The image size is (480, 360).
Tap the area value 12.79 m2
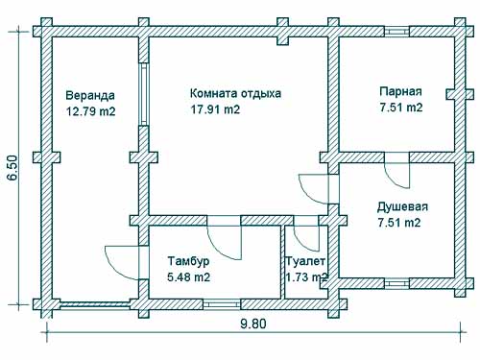coord(90,111)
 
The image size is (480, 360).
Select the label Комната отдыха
coord(235,94)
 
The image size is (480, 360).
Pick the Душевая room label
coord(402,206)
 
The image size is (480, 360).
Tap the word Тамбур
coord(189,261)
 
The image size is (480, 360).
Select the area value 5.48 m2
coord(188,277)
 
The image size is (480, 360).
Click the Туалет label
coord(306,261)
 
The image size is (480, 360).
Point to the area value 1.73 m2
coord(307,277)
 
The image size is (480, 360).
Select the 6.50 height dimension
coord(12,167)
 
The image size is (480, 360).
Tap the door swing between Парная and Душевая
coord(394,175)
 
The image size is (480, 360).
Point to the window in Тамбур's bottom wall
coord(221,303)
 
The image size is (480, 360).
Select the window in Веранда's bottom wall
coord(91,303)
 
